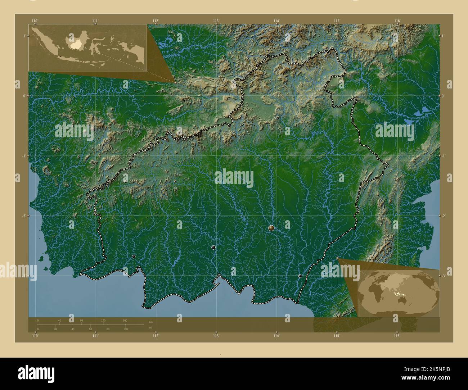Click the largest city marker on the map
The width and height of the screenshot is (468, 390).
pos(271,228)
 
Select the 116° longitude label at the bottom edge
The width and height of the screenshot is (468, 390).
pos(397,336)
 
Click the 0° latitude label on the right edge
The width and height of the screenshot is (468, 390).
pos(444,96)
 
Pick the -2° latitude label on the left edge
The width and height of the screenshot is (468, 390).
pos(24,216)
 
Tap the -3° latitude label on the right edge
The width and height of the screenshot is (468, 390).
pos(444,276)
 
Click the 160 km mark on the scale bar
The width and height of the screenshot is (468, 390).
pos(125,320)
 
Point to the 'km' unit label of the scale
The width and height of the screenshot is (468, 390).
pos(150,322)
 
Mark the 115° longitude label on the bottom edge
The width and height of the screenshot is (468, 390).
pos(337,336)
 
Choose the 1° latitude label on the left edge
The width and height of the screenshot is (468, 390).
pos(24,36)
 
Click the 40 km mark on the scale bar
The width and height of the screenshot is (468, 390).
pos(60,320)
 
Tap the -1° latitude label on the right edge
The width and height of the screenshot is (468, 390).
pos(444,156)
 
